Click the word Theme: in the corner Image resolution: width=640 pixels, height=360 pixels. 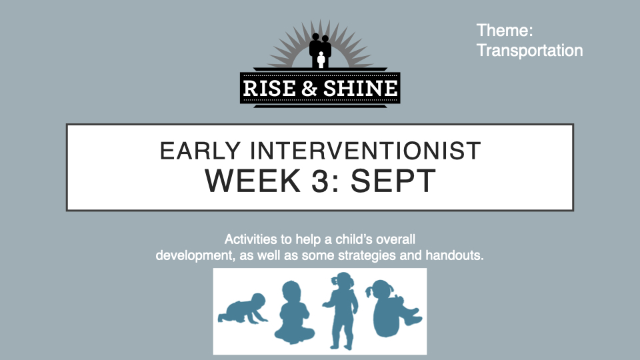pos(505,31)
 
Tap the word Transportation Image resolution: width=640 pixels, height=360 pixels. pos(530,51)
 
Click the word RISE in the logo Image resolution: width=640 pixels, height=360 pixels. pos(269,88)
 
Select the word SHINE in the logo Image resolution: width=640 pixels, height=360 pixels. pos(360,88)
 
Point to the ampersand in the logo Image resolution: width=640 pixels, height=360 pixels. pos(309,88)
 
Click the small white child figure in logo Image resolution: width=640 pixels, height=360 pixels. pos(321,59)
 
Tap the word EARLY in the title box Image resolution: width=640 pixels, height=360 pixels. pos(200,151)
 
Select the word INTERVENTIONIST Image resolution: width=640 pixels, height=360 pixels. pos(365,151)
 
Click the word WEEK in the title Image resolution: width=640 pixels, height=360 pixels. pos(252,181)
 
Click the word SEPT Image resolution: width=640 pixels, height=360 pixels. pos(393,181)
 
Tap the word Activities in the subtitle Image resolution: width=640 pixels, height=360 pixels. pos(250,239)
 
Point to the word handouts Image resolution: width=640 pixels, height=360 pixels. pos(455,255)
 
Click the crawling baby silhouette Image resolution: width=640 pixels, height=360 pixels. pos(243,309)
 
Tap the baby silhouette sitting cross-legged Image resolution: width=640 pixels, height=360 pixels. pos(294,313)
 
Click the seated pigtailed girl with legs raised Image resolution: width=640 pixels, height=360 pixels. pos(394,308)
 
